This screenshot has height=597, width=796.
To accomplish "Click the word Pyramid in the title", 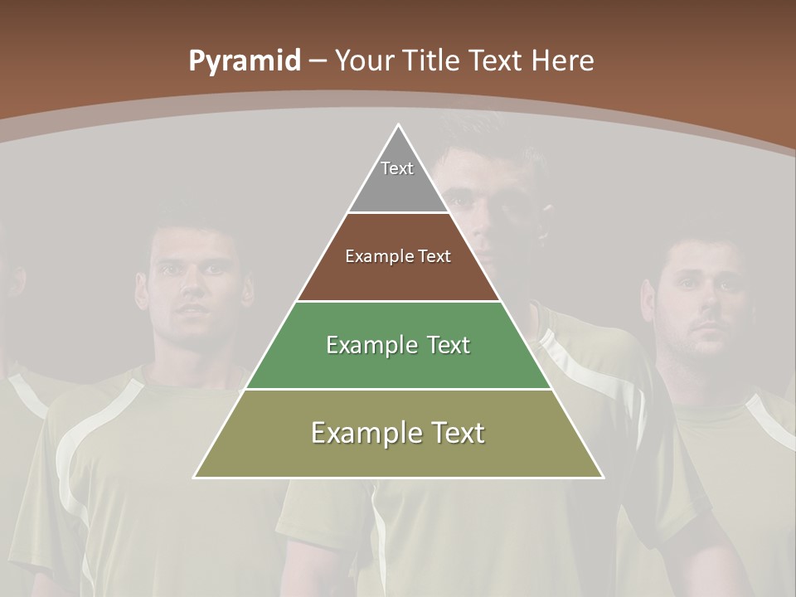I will [x=245, y=61].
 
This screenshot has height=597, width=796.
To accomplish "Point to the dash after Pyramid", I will [x=318, y=61].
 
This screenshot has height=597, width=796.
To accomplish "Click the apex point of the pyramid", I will [x=399, y=125].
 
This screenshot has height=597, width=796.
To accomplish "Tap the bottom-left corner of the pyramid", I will [x=195, y=477].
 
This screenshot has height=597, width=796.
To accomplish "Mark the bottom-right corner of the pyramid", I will [x=603, y=477].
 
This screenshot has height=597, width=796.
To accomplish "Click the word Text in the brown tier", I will [x=435, y=256].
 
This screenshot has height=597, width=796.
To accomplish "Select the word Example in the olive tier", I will [x=363, y=433].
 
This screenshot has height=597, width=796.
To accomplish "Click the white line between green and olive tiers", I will [x=398, y=389].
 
